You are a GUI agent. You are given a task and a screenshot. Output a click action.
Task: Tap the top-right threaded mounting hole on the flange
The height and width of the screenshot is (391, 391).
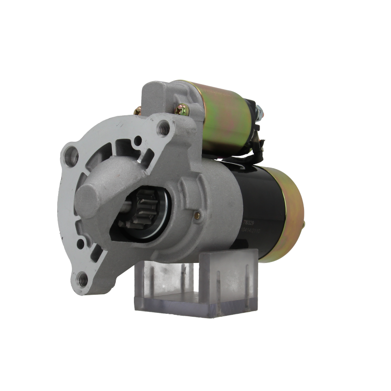coord(164,128)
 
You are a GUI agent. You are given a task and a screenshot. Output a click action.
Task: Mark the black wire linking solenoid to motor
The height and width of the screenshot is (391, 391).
coord(257,145)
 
